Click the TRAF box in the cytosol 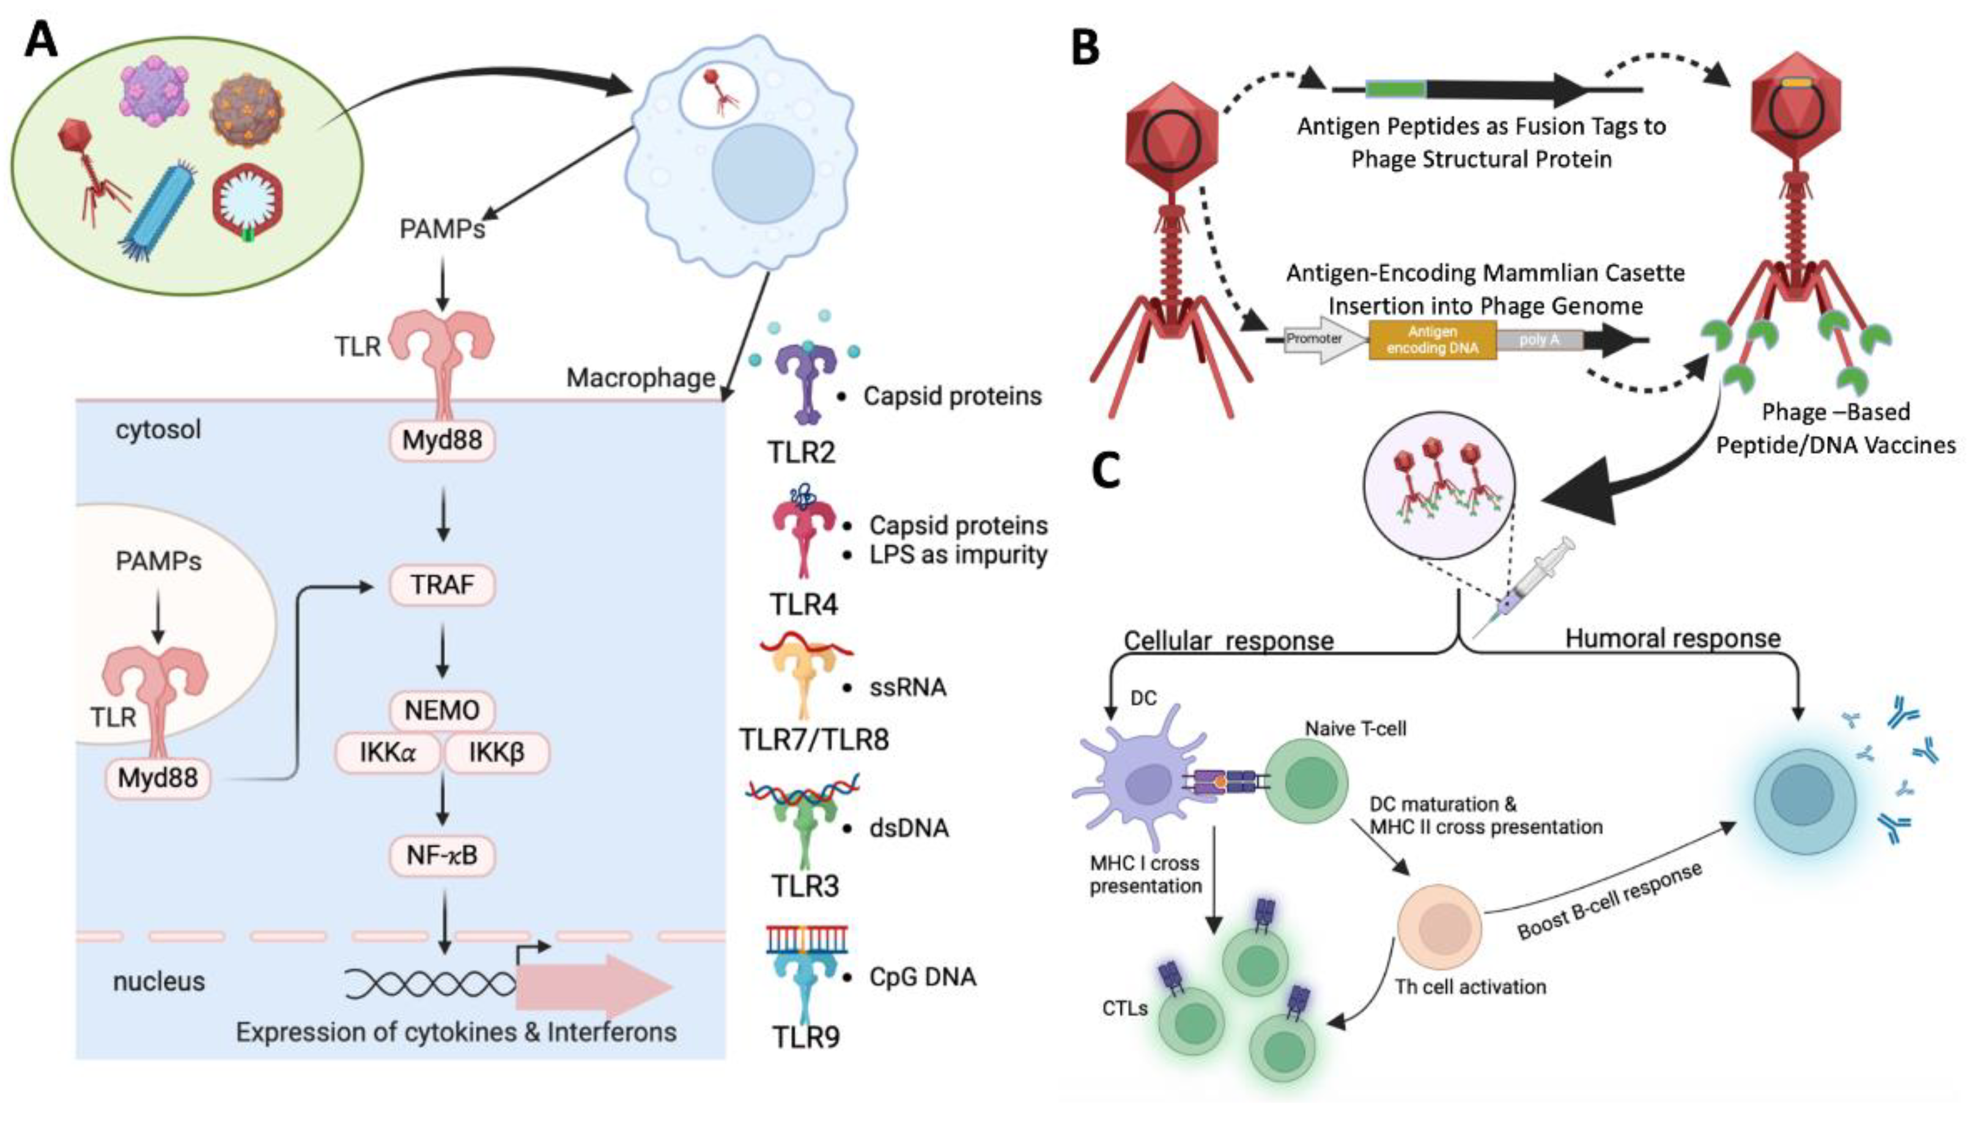pyautogui.click(x=442, y=585)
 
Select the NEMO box pyautogui.click(x=442, y=710)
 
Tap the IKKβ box pyautogui.click(x=497, y=752)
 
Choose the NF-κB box pyautogui.click(x=442, y=854)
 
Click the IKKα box pyautogui.click(x=387, y=752)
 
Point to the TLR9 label pyautogui.click(x=806, y=1038)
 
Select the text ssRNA pyautogui.click(x=907, y=687)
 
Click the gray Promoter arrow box pyautogui.click(x=1318, y=339)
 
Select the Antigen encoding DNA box pyautogui.click(x=1433, y=339)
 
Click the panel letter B pyautogui.click(x=1085, y=48)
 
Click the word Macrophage pyautogui.click(x=640, y=378)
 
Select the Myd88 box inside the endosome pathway pyautogui.click(x=158, y=779)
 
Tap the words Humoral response pyautogui.click(x=1672, y=638)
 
